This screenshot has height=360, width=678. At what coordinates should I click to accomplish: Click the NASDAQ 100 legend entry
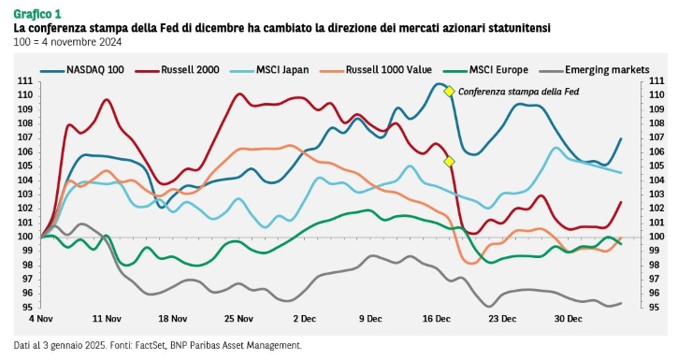pyautogui.click(x=82, y=70)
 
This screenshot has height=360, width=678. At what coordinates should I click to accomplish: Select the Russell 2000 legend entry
pyautogui.click(x=178, y=70)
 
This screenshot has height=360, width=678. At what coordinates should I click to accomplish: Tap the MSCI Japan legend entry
pyautogui.click(x=269, y=70)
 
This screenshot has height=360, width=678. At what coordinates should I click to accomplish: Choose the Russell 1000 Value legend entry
pyautogui.click(x=376, y=70)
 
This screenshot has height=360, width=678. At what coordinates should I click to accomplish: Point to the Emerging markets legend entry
pyautogui.click(x=595, y=70)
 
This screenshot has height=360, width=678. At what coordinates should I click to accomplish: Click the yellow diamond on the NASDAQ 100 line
pyautogui.click(x=449, y=92)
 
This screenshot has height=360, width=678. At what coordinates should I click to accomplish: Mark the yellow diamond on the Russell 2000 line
pyautogui.click(x=449, y=162)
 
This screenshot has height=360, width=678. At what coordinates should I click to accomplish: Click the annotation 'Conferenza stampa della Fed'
pyautogui.click(x=518, y=92)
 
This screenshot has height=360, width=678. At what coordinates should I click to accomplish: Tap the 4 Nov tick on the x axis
pyautogui.click(x=41, y=319)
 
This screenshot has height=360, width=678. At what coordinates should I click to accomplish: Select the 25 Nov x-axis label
pyautogui.click(x=238, y=319)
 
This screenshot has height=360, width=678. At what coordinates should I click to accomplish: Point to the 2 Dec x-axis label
pyautogui.click(x=305, y=319)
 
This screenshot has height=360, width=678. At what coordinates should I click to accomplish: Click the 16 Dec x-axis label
pyautogui.click(x=437, y=319)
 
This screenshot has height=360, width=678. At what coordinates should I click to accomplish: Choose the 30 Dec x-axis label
pyautogui.click(x=569, y=319)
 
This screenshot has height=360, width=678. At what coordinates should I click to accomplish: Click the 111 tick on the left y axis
pyautogui.click(x=25, y=81)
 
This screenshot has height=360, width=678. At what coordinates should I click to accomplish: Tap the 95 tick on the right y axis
pyautogui.click(x=656, y=308)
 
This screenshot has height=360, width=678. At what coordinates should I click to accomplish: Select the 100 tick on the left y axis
pyautogui.click(x=25, y=237)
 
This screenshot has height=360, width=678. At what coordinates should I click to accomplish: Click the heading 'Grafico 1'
pyautogui.click(x=37, y=14)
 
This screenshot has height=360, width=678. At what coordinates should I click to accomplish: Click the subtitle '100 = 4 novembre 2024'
pyautogui.click(x=68, y=42)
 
